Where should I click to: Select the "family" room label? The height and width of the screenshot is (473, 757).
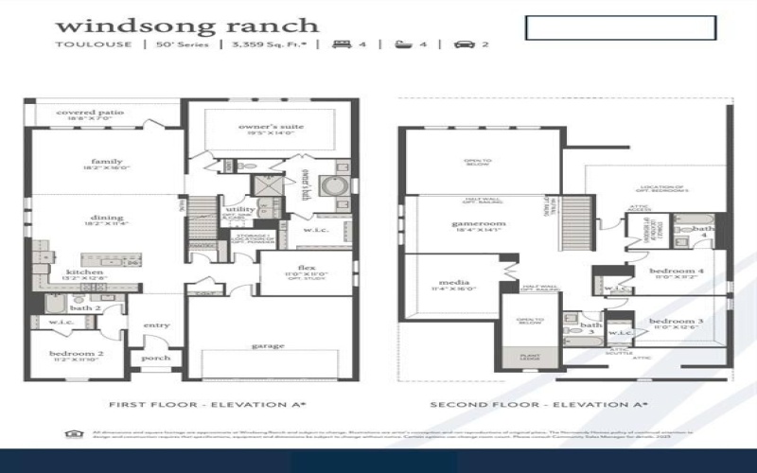[107, 162]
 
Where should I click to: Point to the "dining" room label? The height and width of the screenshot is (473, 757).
[107, 218]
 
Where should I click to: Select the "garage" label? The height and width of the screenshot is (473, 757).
[268, 346]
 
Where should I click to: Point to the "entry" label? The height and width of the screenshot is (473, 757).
[157, 325]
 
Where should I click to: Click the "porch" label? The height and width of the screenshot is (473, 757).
[156, 358]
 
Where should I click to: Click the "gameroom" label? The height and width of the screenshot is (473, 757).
[479, 223]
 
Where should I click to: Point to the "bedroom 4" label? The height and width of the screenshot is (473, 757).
[676, 272]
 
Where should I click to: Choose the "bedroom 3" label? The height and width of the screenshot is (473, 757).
[676, 323]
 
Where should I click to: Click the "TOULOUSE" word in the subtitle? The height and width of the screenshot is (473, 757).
[81, 44]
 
